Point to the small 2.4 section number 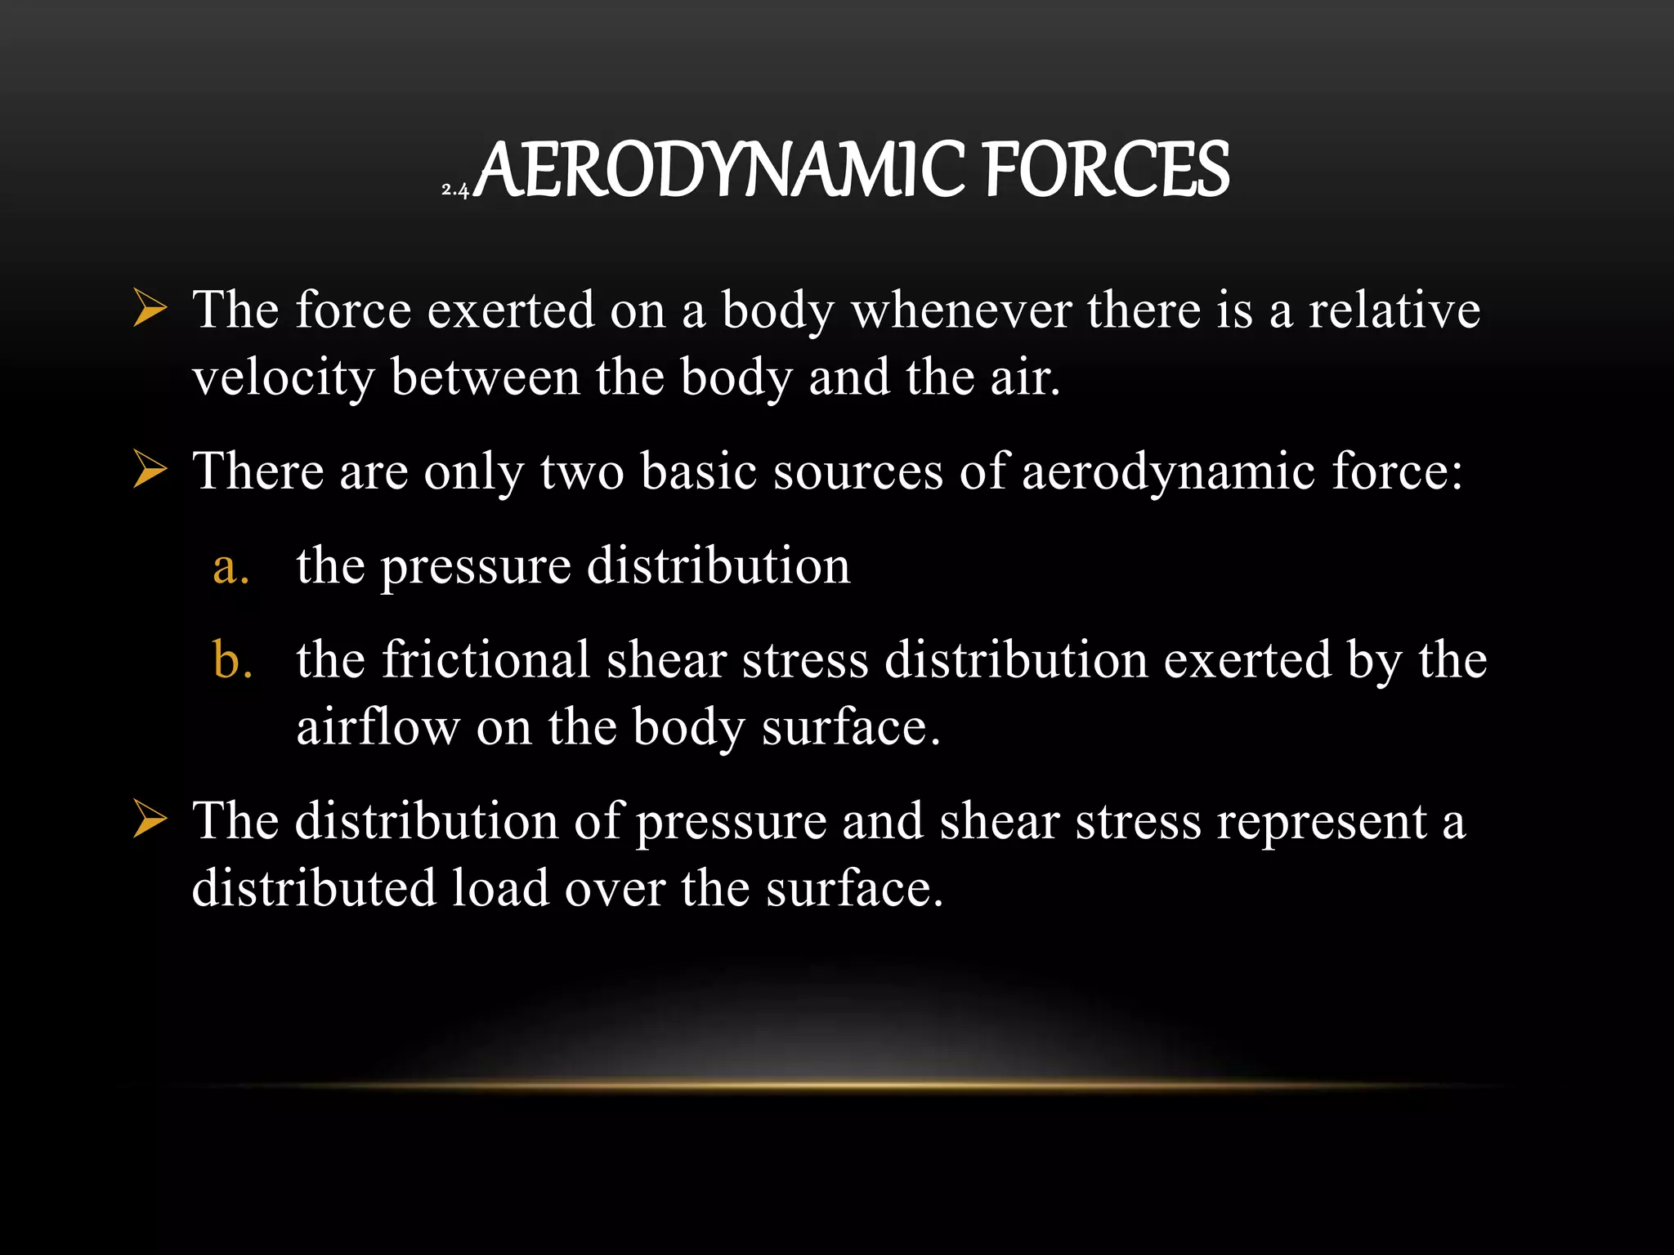tap(454, 190)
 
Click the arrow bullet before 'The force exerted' tap(150, 311)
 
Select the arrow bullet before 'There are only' tap(150, 472)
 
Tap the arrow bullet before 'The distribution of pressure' tap(150, 820)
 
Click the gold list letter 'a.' tap(231, 566)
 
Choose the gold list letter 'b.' tap(232, 659)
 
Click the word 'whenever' tap(961, 311)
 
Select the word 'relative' tap(1394, 311)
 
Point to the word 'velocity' tap(284, 378)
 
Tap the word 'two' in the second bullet tap(582, 472)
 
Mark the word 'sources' tap(858, 472)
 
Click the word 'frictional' tap(486, 659)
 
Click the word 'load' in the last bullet tap(499, 888)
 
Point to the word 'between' tap(486, 378)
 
